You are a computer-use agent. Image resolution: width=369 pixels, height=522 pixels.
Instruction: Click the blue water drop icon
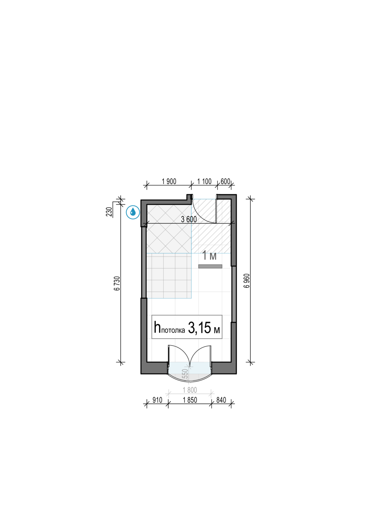[133, 212]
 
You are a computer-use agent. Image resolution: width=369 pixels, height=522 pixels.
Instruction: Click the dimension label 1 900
[169, 181]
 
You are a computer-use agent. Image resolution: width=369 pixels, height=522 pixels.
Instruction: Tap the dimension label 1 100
[204, 181]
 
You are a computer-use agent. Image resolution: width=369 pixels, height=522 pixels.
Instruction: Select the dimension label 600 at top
[225, 181]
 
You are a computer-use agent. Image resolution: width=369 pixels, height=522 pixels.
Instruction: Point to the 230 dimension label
[109, 212]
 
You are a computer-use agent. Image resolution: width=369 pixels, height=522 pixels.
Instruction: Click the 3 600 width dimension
[189, 219]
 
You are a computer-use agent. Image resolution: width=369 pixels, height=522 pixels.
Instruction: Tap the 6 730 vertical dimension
[117, 283]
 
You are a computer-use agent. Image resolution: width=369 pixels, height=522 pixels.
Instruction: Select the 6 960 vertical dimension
[247, 280]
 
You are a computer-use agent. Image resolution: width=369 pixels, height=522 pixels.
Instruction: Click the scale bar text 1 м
[209, 256]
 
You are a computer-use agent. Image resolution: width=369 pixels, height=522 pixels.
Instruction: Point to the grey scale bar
[210, 266]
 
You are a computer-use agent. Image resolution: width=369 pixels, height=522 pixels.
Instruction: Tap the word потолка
[173, 331]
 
